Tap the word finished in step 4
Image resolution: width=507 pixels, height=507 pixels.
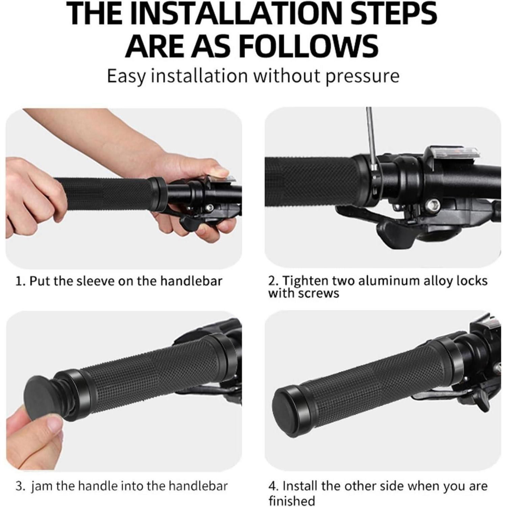tap(292, 501)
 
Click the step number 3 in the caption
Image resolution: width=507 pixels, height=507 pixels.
tap(20, 486)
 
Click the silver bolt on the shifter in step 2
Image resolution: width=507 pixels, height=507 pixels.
tap(433, 204)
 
